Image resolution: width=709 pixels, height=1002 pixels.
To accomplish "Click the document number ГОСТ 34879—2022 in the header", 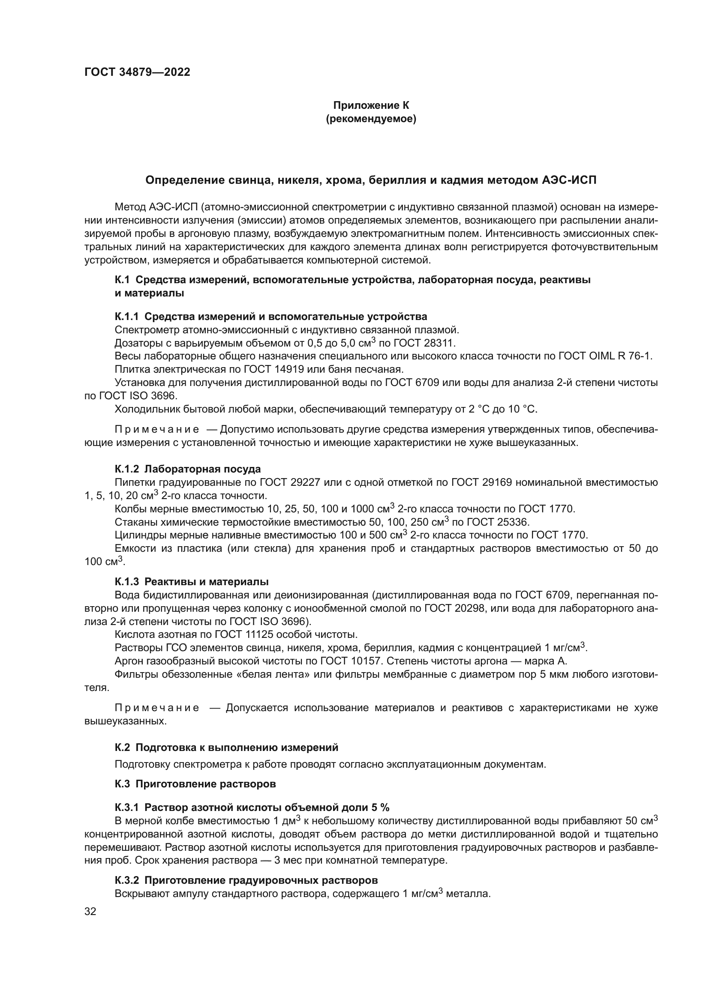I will tap(138, 72).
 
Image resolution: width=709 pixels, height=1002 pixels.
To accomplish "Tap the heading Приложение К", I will tap(371, 105).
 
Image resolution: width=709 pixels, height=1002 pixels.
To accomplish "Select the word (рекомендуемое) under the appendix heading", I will tap(371, 119).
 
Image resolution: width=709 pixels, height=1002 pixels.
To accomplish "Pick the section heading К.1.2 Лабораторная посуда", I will tap(188, 469).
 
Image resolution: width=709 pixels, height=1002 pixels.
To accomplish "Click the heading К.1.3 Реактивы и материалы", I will tap(192, 582).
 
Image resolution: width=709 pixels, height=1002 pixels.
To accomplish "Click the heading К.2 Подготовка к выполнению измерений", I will tap(227, 748).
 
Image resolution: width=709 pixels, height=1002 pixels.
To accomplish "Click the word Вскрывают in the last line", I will tap(139, 894).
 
